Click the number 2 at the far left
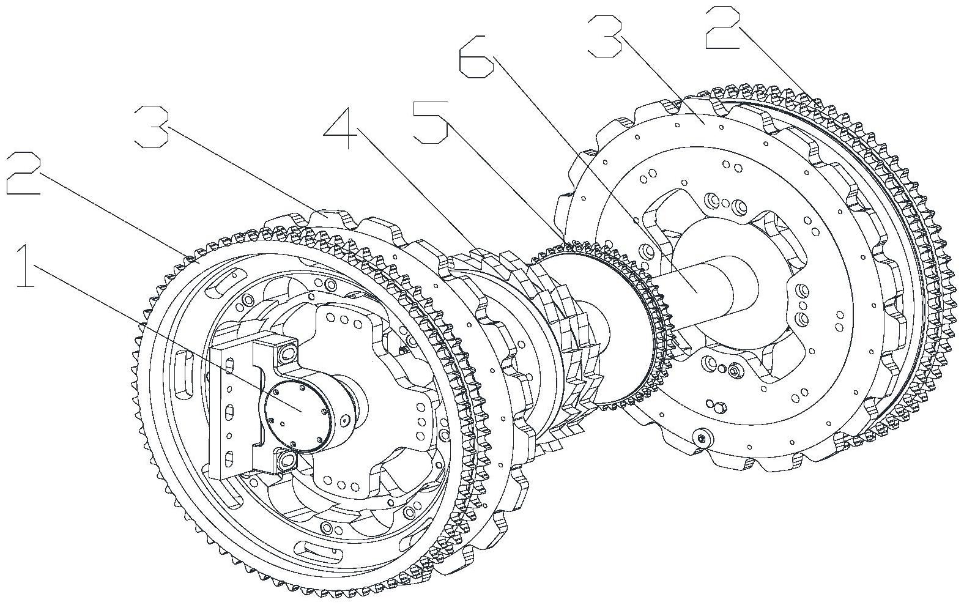coord(23,174)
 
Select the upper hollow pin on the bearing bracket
coord(286,353)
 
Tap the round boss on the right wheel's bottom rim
coord(701,437)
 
